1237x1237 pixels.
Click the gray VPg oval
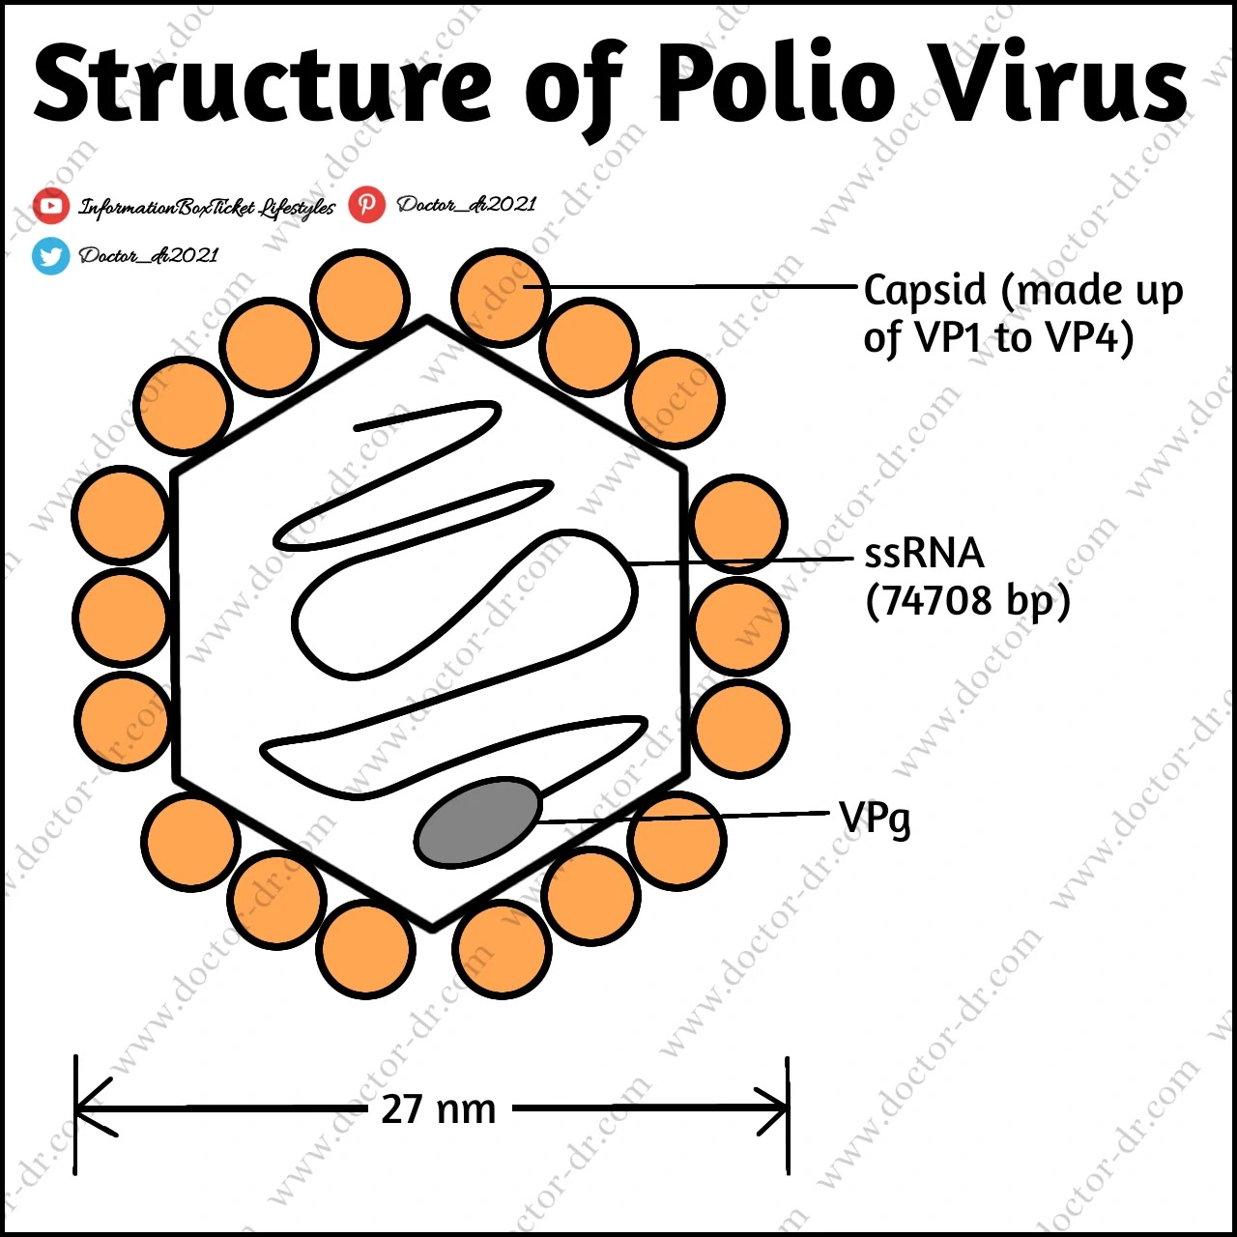(x=477, y=821)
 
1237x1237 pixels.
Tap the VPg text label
(x=875, y=819)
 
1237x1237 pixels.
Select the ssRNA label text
(x=924, y=554)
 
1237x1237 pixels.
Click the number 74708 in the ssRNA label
(x=937, y=601)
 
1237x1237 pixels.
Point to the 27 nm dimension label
(x=438, y=1109)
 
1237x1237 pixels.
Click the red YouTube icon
(x=50, y=206)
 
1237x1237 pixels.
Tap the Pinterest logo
(x=366, y=204)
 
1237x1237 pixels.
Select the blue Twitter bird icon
(x=50, y=256)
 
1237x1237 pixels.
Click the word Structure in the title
(x=263, y=85)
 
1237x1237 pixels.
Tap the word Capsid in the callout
(x=925, y=290)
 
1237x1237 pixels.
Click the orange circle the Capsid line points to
(x=501, y=297)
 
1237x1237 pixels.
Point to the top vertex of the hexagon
(x=427, y=320)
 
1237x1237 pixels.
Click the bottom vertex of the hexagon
(x=432, y=928)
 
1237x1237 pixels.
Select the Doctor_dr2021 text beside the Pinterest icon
(x=466, y=205)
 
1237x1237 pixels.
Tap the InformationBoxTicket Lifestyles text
(x=207, y=208)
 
